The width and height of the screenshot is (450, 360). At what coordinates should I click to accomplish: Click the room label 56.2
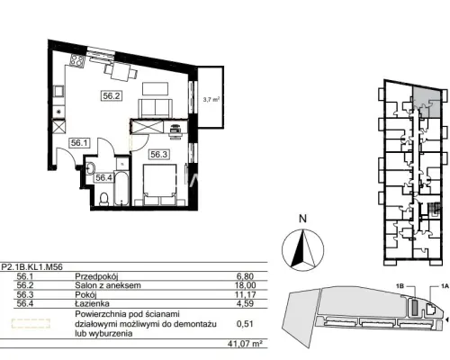pyautogui.click(x=112, y=96)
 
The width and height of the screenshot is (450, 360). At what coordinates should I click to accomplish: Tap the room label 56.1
pyautogui.click(x=79, y=143)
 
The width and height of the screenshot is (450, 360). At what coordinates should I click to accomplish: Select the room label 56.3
pyautogui.click(x=159, y=155)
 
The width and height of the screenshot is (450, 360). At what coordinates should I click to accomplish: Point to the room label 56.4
pyautogui.click(x=103, y=178)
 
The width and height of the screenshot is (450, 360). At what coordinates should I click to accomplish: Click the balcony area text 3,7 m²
pyautogui.click(x=211, y=100)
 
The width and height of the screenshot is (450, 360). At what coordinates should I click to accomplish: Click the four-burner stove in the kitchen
pyautogui.click(x=76, y=61)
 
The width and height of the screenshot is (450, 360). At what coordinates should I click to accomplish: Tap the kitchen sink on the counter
pyautogui.click(x=58, y=92)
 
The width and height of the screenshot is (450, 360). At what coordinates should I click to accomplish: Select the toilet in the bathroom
pyautogui.click(x=103, y=199)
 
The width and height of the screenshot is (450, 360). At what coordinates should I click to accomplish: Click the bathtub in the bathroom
pyautogui.click(x=121, y=188)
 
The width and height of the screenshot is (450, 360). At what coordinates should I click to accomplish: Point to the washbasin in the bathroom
pyautogui.click(x=90, y=168)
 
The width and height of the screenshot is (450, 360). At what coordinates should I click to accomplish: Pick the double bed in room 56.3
pyautogui.click(x=159, y=184)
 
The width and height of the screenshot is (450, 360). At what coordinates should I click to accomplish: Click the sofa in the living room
pyautogui.click(x=155, y=108)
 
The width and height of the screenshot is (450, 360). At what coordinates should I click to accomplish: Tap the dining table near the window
pyautogui.click(x=121, y=72)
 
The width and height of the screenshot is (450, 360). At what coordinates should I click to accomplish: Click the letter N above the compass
pyautogui.click(x=303, y=219)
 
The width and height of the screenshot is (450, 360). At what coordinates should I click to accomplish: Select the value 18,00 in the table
pyautogui.click(x=246, y=285)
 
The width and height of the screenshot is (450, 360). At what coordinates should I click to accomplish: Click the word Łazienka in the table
pyautogui.click(x=92, y=303)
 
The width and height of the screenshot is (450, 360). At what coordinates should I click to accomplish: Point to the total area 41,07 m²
pyautogui.click(x=243, y=343)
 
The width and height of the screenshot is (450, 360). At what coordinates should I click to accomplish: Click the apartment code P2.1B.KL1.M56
pyautogui.click(x=32, y=266)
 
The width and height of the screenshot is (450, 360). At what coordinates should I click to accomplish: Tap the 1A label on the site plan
pyautogui.click(x=445, y=286)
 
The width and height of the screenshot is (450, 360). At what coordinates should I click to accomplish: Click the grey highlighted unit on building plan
pyautogui.click(x=427, y=102)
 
